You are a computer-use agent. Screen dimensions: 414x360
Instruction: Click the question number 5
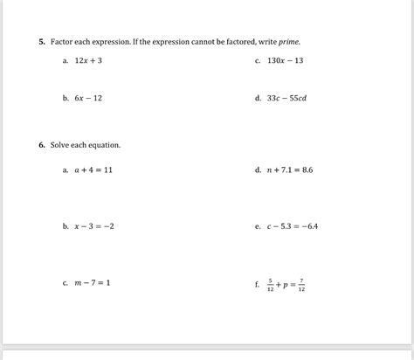coord(41,41)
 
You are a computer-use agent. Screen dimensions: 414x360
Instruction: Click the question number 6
coord(41,145)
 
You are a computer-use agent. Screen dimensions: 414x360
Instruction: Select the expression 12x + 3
coord(88,61)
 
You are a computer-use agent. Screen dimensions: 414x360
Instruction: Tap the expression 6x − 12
coord(88,99)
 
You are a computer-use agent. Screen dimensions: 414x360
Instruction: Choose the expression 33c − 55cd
coord(286,99)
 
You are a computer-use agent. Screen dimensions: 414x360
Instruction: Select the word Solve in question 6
coord(62,145)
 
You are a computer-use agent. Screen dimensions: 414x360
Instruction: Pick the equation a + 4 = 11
coord(93,170)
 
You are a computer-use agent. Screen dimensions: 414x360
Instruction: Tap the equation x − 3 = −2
coord(94,226)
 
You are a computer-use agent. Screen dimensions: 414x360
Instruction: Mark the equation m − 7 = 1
coord(92,283)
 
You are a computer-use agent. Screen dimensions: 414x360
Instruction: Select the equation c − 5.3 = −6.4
coord(292,226)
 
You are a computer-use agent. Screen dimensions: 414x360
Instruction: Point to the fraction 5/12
coord(271,284)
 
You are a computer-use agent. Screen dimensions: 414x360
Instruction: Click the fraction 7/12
coord(301,284)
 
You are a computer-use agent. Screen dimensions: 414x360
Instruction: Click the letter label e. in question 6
coord(258,226)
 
